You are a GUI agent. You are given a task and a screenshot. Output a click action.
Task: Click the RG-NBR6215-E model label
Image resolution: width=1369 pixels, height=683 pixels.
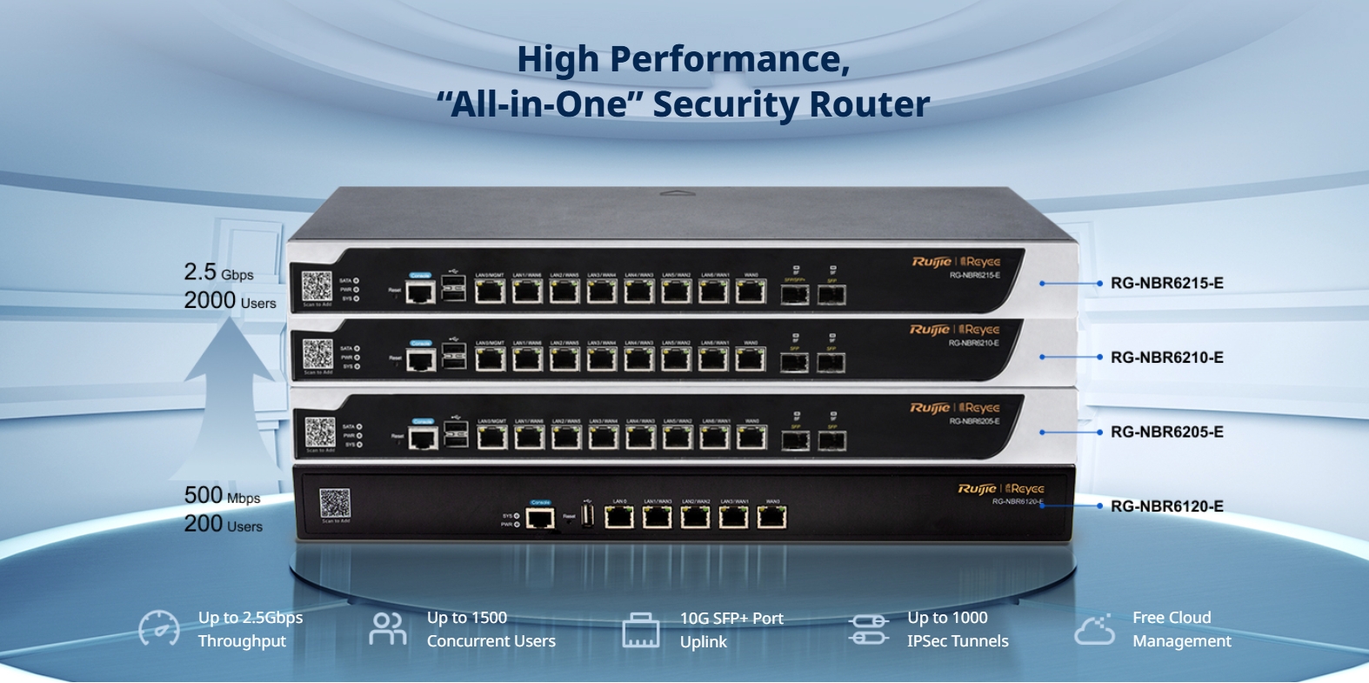(1166, 283)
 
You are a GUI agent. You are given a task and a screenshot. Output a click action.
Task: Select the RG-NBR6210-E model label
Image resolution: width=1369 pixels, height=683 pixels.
(1166, 358)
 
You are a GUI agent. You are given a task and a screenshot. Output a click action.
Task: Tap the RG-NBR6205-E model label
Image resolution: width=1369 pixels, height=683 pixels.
(1166, 432)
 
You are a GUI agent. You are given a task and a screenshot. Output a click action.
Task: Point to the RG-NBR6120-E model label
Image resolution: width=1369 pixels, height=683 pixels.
(1166, 506)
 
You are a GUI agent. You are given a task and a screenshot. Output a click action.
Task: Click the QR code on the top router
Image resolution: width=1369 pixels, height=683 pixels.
(317, 286)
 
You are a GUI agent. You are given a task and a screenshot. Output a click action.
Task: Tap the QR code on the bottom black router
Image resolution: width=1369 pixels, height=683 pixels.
(335, 503)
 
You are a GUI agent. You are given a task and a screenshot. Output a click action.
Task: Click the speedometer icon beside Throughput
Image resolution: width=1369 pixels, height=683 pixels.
(159, 628)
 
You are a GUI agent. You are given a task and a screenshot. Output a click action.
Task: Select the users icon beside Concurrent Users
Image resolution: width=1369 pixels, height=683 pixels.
(387, 628)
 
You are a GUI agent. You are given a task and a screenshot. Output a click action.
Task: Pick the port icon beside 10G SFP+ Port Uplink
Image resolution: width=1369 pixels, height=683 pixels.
(641, 630)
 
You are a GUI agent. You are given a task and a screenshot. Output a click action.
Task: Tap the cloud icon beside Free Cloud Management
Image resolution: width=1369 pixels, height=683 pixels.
(1095, 629)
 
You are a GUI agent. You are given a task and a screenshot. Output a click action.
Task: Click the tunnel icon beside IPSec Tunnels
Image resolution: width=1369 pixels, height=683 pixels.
(869, 629)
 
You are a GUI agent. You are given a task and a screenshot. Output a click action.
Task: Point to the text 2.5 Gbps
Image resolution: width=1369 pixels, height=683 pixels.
(218, 272)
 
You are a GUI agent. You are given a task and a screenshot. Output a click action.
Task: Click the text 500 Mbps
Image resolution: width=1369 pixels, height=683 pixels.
(222, 496)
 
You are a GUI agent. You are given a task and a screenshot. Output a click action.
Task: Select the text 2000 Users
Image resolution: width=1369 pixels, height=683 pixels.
(230, 301)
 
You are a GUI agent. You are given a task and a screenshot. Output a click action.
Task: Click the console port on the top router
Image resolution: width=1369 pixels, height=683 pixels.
(421, 291)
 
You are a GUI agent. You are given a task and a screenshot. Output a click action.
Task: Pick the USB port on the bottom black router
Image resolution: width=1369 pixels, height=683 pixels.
(587, 517)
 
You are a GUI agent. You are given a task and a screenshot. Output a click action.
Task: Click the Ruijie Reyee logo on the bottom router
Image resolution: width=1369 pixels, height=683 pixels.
(1001, 489)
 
